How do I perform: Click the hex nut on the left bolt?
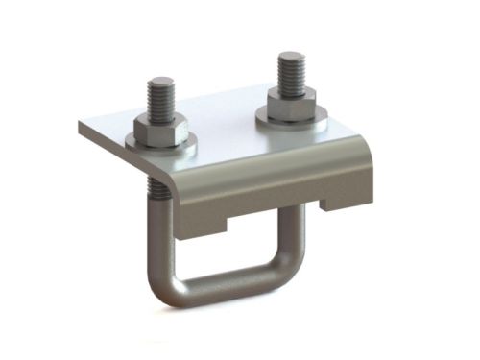tap(161, 129)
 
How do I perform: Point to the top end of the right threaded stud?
tap(291, 55)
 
